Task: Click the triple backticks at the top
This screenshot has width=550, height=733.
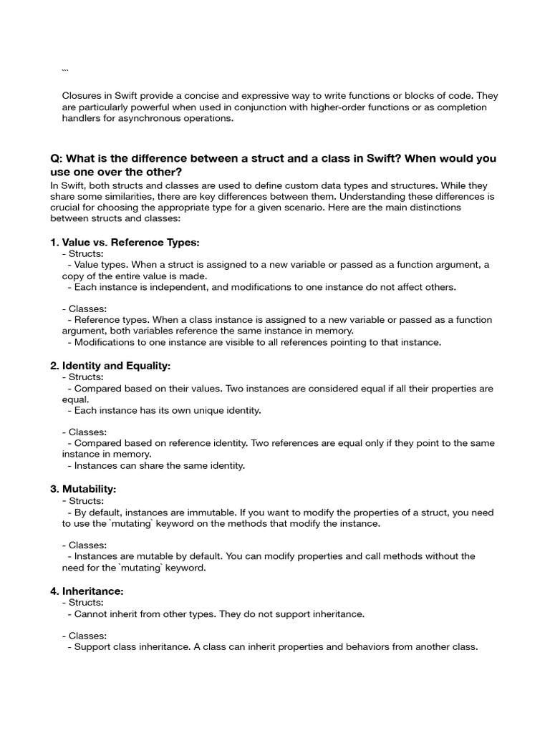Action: pyautogui.click(x=65, y=71)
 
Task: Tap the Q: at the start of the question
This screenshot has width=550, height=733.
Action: pyautogui.click(x=57, y=158)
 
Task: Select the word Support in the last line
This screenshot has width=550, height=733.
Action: pyautogui.click(x=95, y=647)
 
